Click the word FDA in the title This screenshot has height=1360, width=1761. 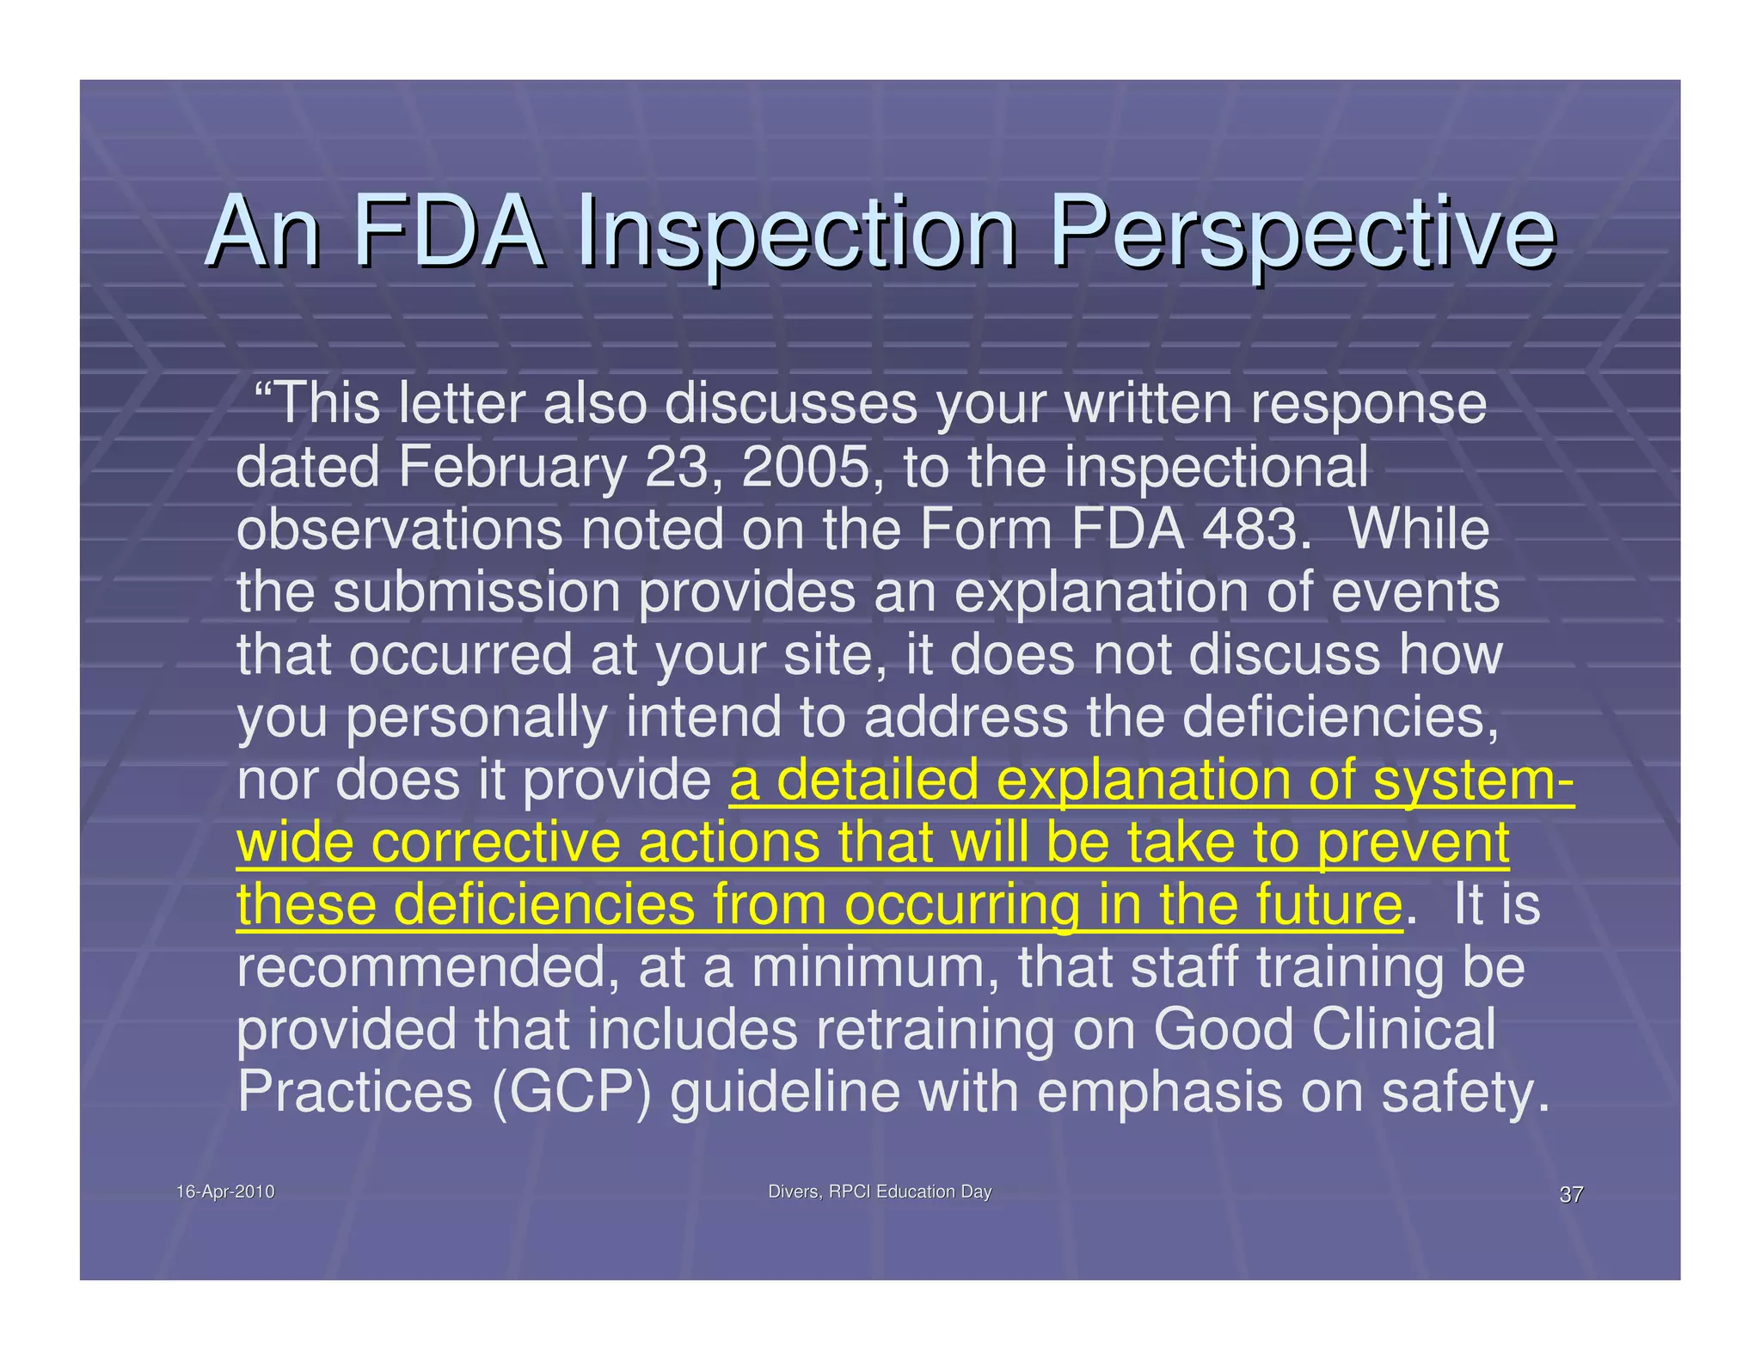point(449,232)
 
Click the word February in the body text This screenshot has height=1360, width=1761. point(512,469)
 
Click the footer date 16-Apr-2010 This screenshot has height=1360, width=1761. point(225,1192)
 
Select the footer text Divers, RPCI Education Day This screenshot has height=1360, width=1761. point(880,1192)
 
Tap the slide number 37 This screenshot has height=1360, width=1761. point(1571,1194)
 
